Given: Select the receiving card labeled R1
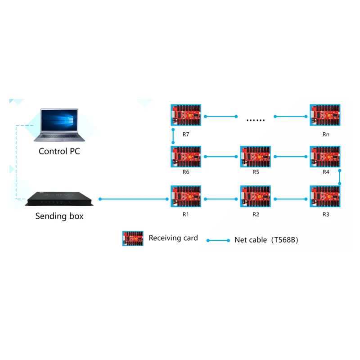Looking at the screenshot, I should [x=185, y=197].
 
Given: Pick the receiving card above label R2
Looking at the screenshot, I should [x=255, y=197].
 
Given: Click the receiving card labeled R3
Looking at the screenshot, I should [x=325, y=197].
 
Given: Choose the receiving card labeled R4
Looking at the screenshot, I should [x=325, y=157].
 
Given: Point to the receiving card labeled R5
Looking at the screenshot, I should [x=255, y=157].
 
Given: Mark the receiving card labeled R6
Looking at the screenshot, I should [x=185, y=157].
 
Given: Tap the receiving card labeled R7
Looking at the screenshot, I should [x=185, y=116].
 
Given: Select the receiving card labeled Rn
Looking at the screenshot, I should [x=325, y=116].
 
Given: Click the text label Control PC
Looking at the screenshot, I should [x=59, y=151].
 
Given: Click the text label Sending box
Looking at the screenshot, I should [x=59, y=216].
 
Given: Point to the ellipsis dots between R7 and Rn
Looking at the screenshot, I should [x=256, y=120].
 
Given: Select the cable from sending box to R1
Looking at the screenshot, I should [x=133, y=198].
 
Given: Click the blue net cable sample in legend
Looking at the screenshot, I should [x=218, y=240].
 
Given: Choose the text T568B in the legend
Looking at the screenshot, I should [x=284, y=240].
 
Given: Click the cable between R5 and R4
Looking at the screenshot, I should [x=290, y=157].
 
